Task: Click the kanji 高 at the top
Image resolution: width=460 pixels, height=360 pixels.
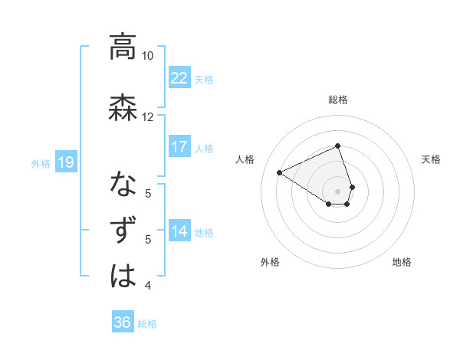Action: (123, 47)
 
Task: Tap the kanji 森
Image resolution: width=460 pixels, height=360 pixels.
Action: (123, 106)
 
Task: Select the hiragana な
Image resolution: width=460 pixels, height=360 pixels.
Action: (123, 185)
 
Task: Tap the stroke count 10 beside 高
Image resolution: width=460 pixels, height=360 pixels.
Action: (148, 56)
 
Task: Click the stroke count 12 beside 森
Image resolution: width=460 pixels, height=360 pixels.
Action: (148, 116)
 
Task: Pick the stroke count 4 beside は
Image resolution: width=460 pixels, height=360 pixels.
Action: (148, 286)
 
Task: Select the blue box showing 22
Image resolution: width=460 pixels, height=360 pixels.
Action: (179, 78)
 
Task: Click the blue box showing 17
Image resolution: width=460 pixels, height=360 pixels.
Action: (179, 147)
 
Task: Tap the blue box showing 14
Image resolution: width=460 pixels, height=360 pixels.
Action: (179, 231)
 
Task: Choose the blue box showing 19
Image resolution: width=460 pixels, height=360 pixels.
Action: (65, 162)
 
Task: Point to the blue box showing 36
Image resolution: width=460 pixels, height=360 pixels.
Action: (122, 322)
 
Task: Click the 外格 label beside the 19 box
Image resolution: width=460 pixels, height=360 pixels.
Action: (41, 163)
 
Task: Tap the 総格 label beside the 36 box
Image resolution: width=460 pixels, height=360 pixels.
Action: (147, 324)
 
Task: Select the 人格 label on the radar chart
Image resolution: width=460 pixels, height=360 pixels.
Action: (245, 159)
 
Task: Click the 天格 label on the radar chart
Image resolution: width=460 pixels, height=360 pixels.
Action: (431, 159)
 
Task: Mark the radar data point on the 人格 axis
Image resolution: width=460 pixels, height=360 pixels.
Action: (280, 173)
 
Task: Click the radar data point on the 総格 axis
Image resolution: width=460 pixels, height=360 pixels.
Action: (337, 146)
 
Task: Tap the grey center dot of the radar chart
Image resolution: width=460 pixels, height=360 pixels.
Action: (337, 191)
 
